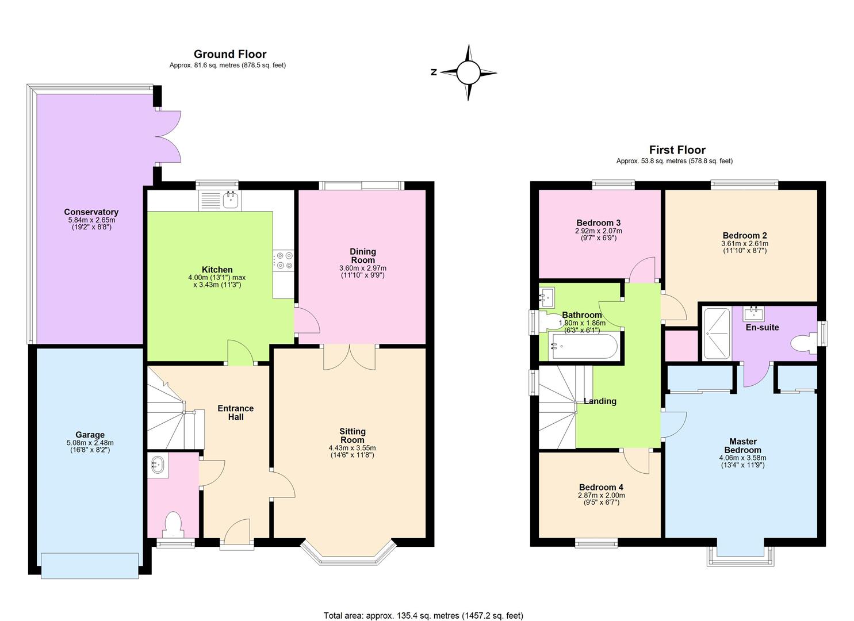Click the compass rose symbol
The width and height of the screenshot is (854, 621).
(x=468, y=72)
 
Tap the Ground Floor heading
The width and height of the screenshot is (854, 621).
(x=230, y=54)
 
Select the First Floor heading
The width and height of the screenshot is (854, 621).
(x=677, y=150)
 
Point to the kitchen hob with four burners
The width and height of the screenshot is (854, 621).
(x=284, y=260)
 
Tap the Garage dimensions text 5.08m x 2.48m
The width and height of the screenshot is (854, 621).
(x=90, y=443)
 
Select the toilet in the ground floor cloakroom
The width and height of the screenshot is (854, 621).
(x=173, y=524)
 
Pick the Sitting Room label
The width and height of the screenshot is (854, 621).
(x=352, y=435)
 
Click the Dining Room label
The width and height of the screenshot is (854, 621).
(x=362, y=255)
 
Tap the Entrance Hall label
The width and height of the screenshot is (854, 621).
(x=235, y=412)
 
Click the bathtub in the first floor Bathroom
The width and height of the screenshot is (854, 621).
(x=583, y=346)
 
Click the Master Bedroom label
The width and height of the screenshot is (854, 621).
(x=742, y=446)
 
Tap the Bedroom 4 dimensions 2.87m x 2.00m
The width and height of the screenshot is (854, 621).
(x=602, y=495)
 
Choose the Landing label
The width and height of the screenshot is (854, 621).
(x=600, y=401)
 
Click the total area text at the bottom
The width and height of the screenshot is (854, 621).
(x=423, y=616)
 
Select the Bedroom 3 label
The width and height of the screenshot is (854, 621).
(x=598, y=223)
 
